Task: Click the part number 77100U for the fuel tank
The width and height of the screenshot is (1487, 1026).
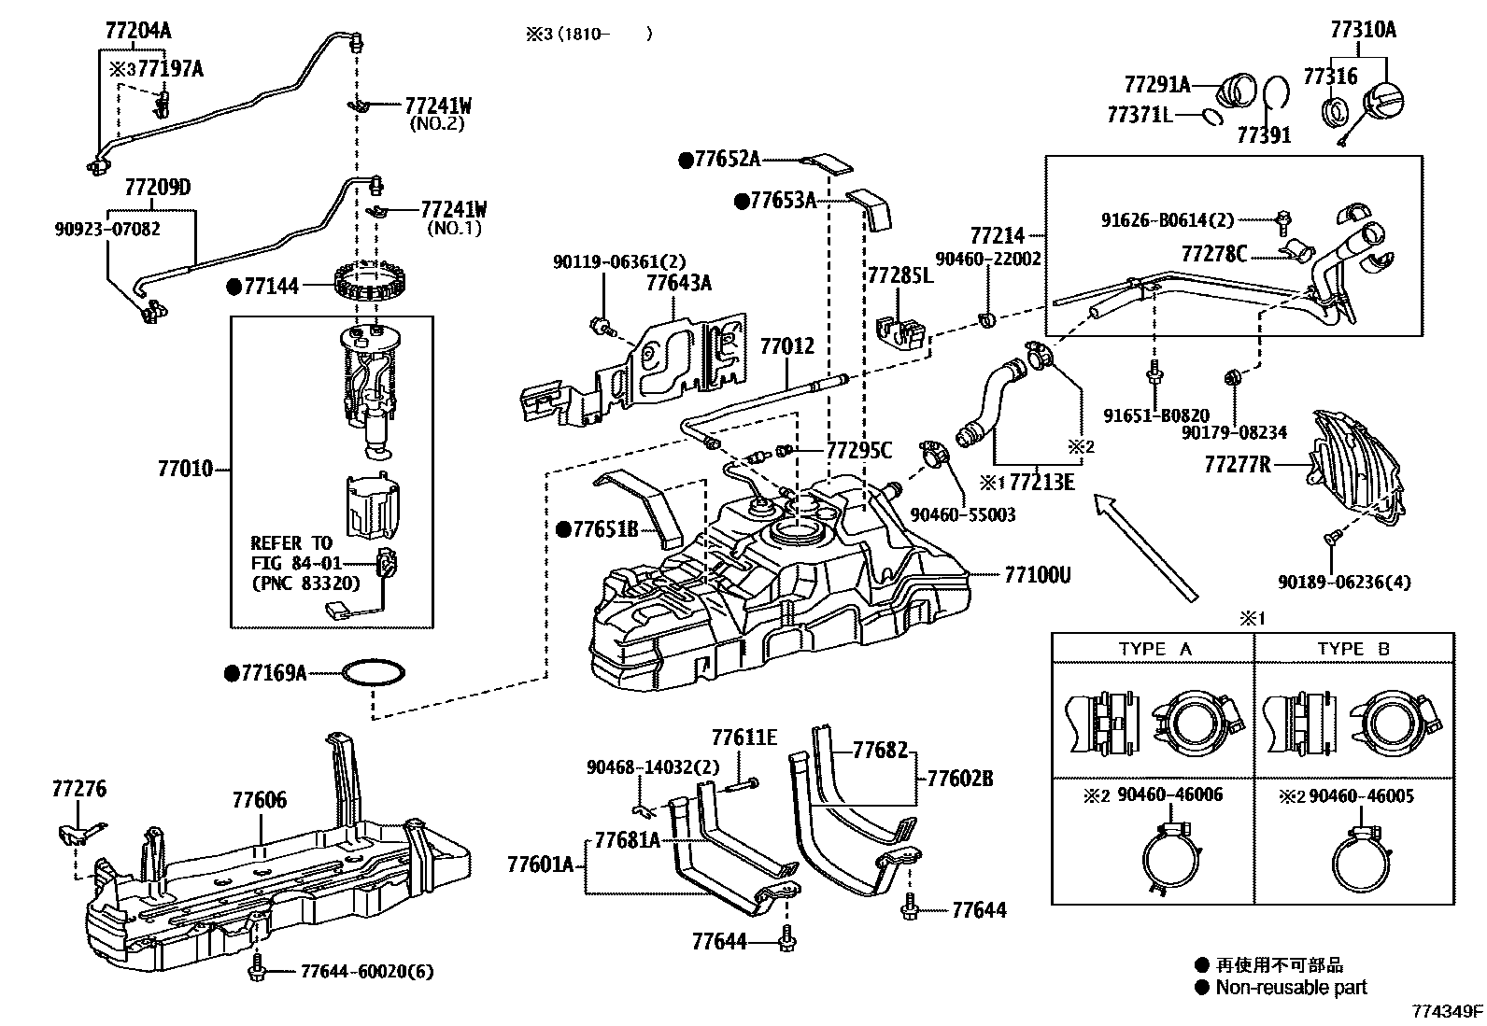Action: pyautogui.click(x=1037, y=575)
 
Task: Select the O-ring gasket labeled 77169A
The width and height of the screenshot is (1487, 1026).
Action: pyautogui.click(x=374, y=672)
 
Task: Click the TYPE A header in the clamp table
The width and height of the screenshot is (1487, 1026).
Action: pyautogui.click(x=1154, y=649)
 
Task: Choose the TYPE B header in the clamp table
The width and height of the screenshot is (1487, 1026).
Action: pyautogui.click(x=1353, y=649)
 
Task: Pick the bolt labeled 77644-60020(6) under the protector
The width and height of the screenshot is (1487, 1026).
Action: pyautogui.click(x=257, y=972)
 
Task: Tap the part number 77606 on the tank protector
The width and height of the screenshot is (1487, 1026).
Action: pyautogui.click(x=260, y=800)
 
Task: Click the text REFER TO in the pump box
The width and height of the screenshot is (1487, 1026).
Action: pyautogui.click(x=290, y=543)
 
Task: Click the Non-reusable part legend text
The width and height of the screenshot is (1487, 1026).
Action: pyautogui.click(x=1291, y=988)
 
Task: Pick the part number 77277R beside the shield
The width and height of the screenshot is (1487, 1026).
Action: pyautogui.click(x=1237, y=464)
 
